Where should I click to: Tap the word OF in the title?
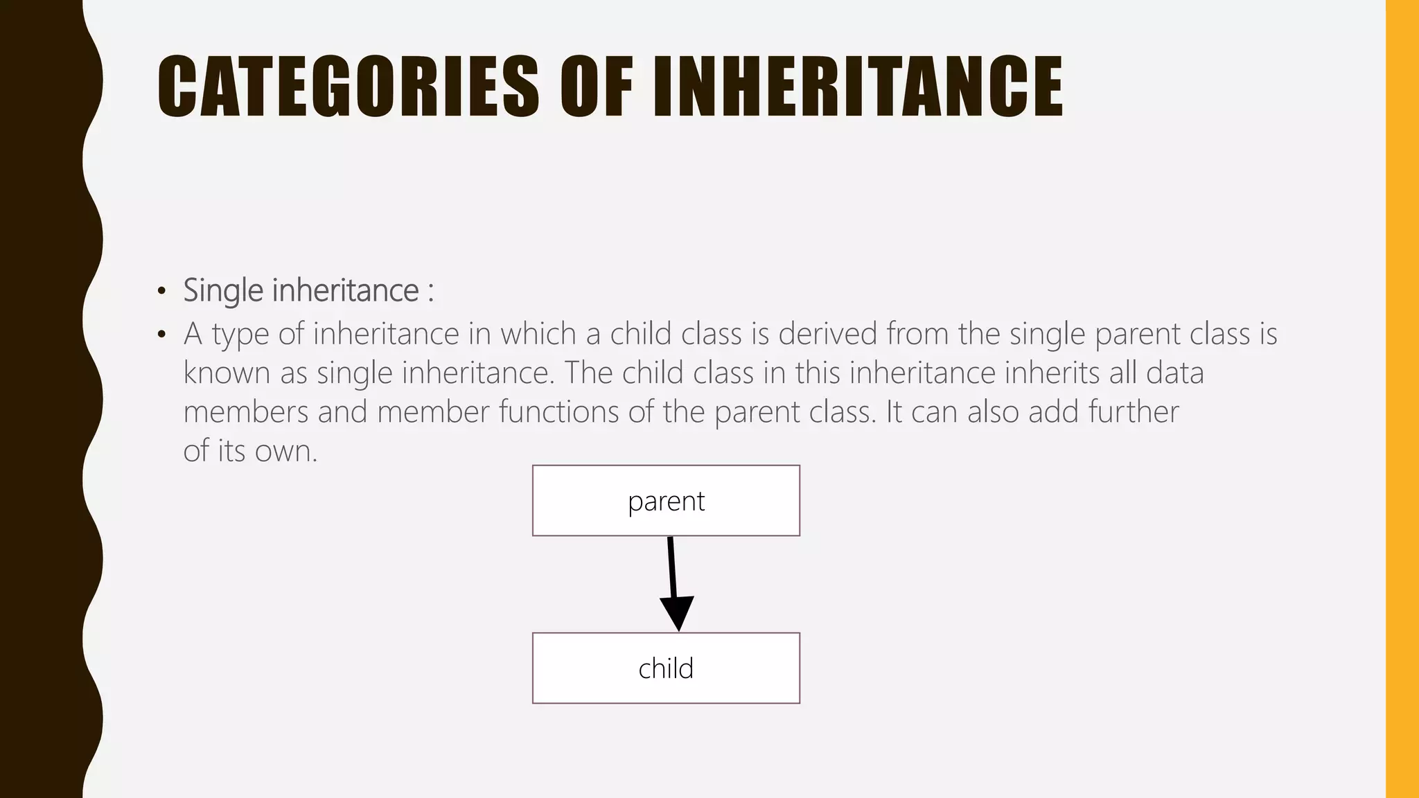click(596, 87)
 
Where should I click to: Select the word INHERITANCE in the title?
click(858, 87)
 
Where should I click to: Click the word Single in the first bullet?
click(223, 291)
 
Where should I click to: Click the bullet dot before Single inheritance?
click(161, 292)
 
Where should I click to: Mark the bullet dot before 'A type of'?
click(161, 335)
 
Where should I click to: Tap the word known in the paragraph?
click(227, 373)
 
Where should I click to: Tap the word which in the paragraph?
click(538, 334)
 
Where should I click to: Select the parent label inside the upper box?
click(666, 502)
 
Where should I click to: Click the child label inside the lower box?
click(666, 669)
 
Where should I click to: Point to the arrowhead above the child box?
click(677, 612)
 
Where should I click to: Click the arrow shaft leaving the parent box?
click(671, 565)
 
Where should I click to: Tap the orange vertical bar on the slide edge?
click(1402, 399)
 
